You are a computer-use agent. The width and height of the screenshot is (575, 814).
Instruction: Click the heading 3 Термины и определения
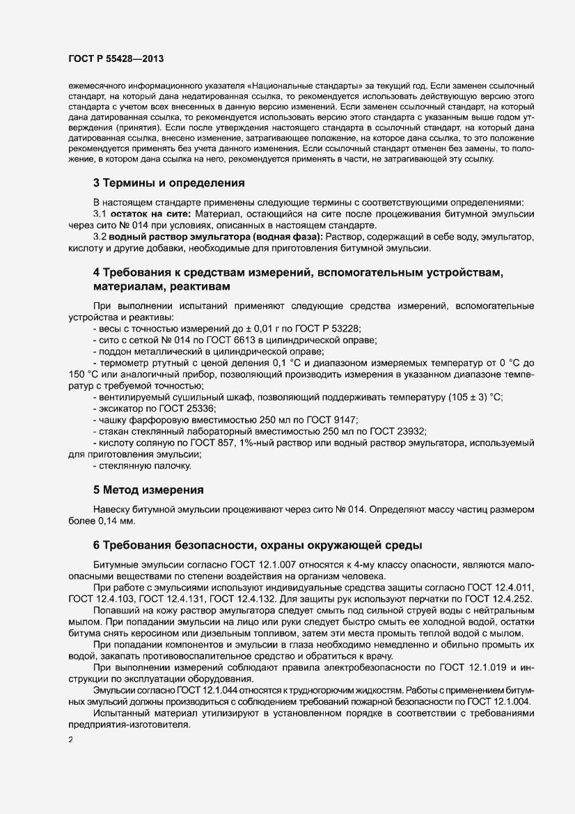coord(168,184)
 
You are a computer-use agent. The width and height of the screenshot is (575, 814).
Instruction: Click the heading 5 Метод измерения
coord(148,490)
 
